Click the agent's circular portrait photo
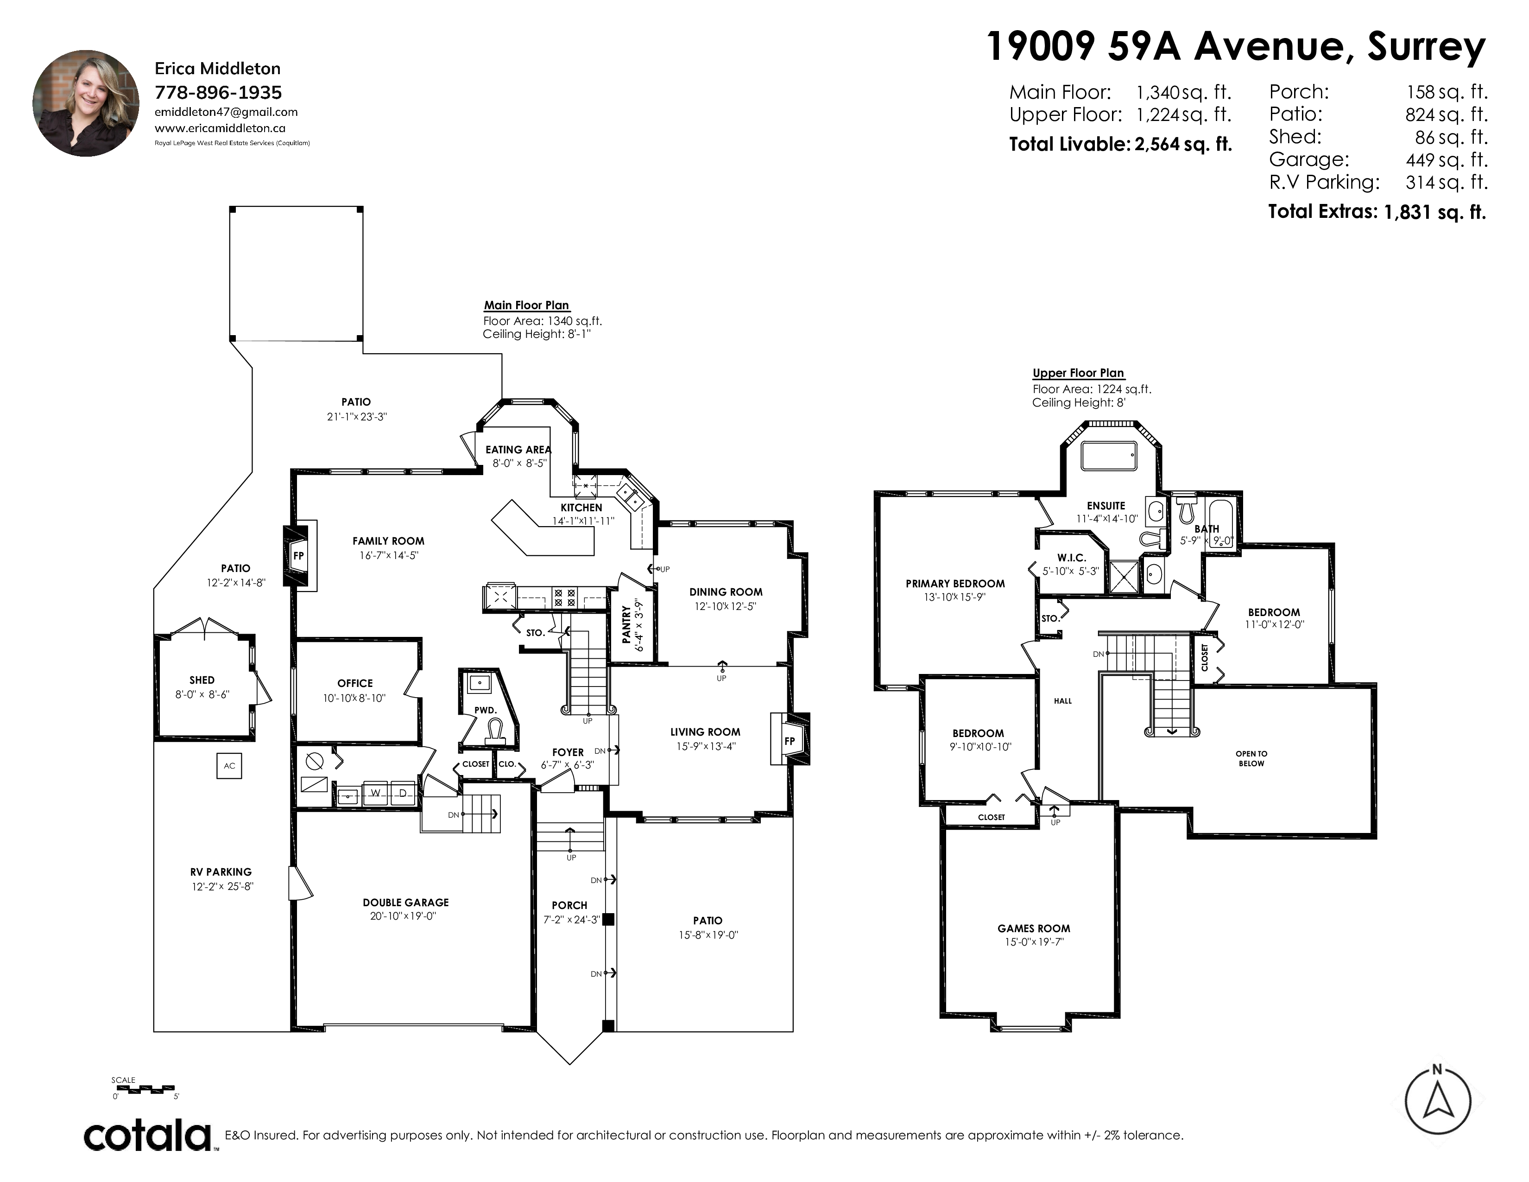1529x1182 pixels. coord(86,103)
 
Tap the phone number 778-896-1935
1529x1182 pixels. coord(218,92)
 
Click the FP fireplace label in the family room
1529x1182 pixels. coord(298,556)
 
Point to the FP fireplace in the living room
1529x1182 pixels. coord(790,741)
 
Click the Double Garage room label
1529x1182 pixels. coord(406,902)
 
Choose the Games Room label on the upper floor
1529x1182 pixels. coord(1034,928)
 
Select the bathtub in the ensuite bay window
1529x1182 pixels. coord(1109,456)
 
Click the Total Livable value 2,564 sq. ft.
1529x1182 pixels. coord(1183,144)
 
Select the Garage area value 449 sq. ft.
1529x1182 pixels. coord(1447,159)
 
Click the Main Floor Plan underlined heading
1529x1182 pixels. coord(526,305)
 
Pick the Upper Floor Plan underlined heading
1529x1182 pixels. coord(1078,373)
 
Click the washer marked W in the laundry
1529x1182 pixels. coord(375,793)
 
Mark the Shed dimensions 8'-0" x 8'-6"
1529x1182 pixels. coord(202,695)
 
